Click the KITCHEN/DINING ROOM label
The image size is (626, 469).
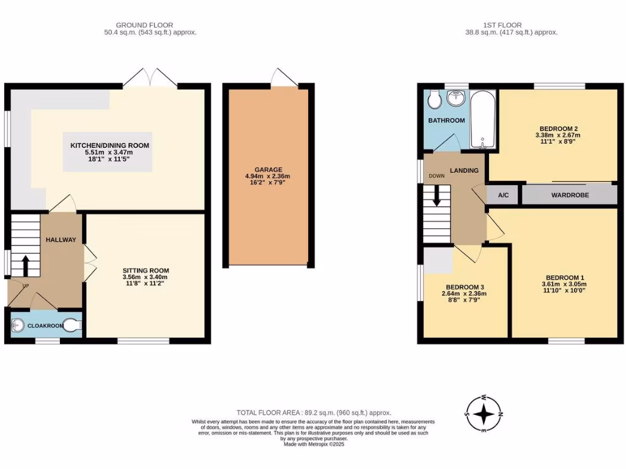click(x=109, y=145)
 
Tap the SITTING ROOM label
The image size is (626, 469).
click(x=145, y=271)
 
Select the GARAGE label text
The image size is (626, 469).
click(x=268, y=170)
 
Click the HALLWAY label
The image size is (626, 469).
click(x=61, y=240)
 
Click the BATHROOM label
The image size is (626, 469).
click(x=446, y=120)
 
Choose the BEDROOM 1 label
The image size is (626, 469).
click(x=564, y=276)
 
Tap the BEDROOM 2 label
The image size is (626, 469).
click(x=555, y=128)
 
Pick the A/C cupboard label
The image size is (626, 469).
click(x=504, y=195)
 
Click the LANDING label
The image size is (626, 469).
click(x=465, y=170)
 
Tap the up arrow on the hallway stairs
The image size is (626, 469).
click(x=26, y=264)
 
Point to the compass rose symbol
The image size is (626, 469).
click(x=484, y=414)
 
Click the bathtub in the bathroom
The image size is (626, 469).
click(x=483, y=120)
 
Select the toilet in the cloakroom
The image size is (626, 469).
click(x=74, y=326)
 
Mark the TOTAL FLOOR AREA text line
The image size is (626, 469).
click(x=314, y=413)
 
